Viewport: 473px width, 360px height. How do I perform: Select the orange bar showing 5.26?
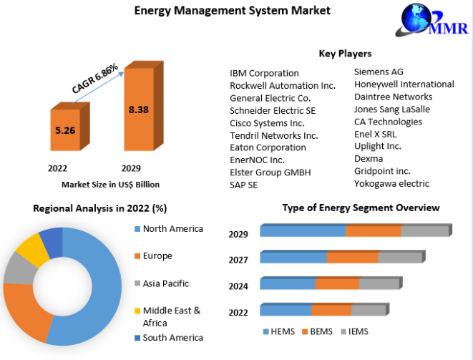pos(65,130)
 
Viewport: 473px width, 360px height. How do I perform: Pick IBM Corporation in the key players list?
pos(264,73)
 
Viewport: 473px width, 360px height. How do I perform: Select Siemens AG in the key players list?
pos(379,72)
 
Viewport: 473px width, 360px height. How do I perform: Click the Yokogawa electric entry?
pos(391,183)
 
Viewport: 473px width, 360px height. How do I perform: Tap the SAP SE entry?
pos(244,185)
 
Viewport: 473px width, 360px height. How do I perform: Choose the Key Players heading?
pos(345,54)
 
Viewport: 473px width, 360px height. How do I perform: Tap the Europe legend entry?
pos(157,256)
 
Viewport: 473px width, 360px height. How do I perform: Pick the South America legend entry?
pos(172,338)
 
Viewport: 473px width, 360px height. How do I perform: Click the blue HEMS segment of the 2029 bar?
pos(303,231)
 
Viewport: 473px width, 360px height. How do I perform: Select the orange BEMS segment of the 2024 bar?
pos(337,284)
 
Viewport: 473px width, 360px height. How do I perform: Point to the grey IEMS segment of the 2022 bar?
pos(369,311)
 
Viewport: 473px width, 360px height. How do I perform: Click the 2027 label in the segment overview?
pos(238,260)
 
